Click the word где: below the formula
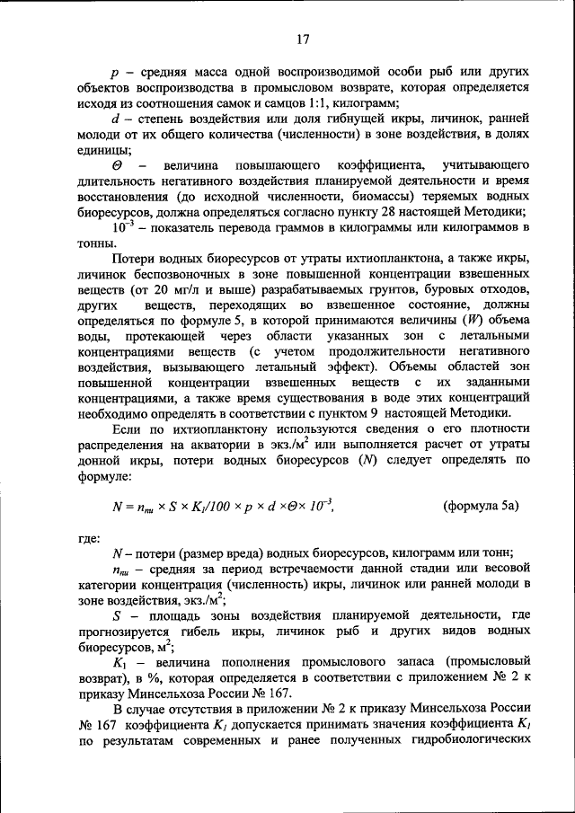pos(89,537)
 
